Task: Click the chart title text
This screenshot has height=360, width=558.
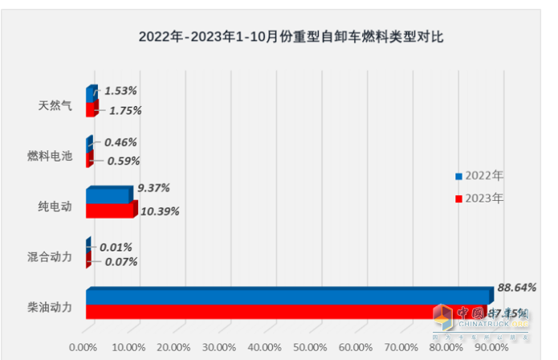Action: point(291,37)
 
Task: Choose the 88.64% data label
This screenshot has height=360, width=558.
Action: point(517,286)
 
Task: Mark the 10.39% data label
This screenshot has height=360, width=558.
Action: point(159,211)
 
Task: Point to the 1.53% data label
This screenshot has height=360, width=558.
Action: point(120,92)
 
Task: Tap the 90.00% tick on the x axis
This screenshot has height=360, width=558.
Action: point(491,346)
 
